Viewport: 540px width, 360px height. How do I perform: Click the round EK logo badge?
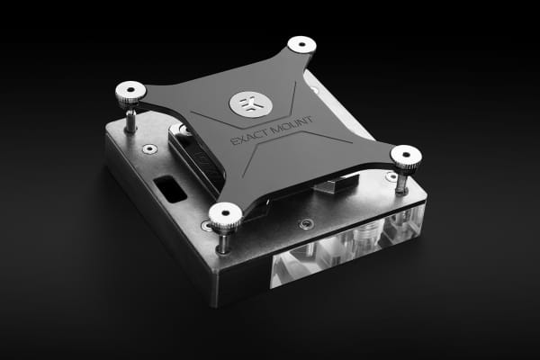click(x=247, y=103)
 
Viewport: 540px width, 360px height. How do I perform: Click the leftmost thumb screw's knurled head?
click(x=130, y=92)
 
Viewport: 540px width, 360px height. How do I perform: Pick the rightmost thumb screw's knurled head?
click(x=406, y=156)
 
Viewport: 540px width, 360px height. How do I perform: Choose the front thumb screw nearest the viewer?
click(x=224, y=215)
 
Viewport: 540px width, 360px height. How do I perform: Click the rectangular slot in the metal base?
click(x=169, y=189)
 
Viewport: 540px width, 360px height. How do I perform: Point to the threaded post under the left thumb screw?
click(x=131, y=119)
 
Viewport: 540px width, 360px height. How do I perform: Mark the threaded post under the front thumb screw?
click(x=223, y=241)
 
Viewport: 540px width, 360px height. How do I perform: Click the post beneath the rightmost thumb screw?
click(x=401, y=183)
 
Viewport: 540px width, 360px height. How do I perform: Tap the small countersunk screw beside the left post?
click(x=149, y=148)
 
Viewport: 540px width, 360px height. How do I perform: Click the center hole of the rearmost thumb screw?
click(x=301, y=42)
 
